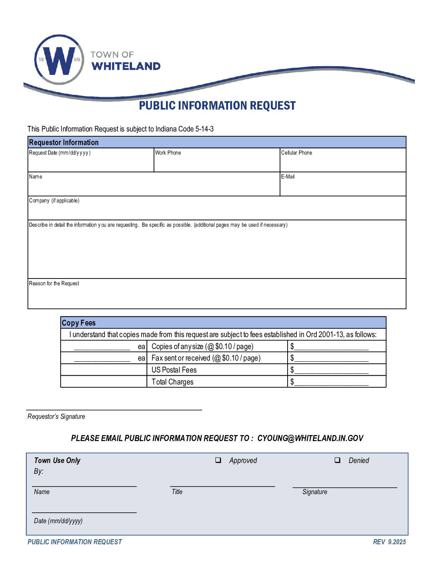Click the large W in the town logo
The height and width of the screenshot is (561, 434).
point(59,61)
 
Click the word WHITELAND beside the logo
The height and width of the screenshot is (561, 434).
point(126,66)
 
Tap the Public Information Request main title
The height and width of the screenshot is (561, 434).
point(217,106)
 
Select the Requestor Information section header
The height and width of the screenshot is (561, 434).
point(64,142)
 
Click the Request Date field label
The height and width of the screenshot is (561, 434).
point(60,153)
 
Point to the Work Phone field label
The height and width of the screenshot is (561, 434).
point(168,153)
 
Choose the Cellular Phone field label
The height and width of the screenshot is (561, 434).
point(296,153)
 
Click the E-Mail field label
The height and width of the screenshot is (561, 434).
point(288,177)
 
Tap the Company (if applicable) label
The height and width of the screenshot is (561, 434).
point(54,201)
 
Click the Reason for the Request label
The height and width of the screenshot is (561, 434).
point(54,284)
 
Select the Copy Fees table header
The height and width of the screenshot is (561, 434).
point(79,323)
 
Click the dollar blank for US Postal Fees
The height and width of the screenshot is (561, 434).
point(331,370)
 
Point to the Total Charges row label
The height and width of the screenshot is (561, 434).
point(172,382)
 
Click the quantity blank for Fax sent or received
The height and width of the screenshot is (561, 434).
point(102,358)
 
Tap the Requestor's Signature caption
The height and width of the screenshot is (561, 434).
point(56,417)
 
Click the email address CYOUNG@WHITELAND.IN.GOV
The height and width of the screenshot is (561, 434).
point(310,438)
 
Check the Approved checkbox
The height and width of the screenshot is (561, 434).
point(218,460)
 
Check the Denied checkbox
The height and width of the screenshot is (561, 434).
point(337,460)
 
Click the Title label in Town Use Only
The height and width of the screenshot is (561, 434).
point(177,492)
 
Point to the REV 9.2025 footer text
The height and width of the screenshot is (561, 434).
point(389,542)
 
